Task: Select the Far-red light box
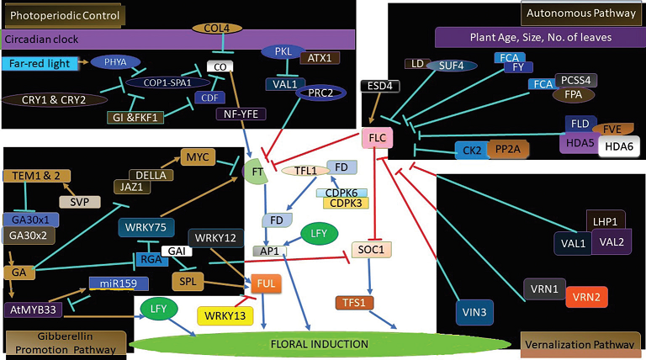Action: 40,63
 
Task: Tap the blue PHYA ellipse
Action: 116,61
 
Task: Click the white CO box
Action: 220,66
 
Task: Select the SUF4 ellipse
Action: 445,66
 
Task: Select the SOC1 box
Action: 371,250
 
